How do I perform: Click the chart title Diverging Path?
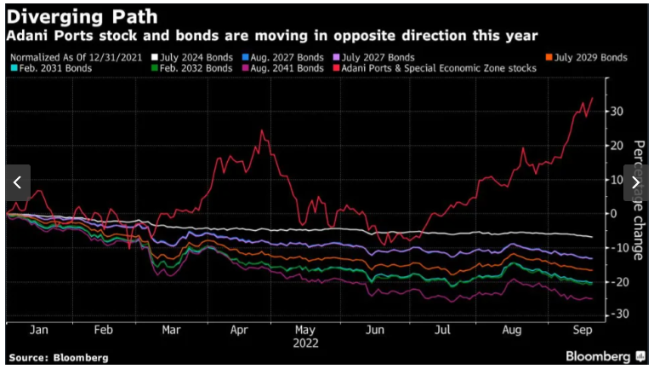coord(81,17)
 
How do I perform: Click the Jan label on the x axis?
coord(39,330)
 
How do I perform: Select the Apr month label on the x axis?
coord(239,330)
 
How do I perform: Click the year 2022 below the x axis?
coord(305,343)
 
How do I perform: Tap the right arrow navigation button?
coord(637,182)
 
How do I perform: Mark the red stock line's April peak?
coord(261,131)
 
